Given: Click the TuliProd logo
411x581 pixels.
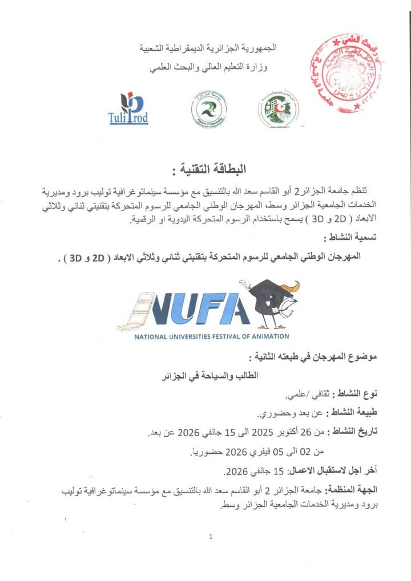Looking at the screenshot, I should coord(128,109).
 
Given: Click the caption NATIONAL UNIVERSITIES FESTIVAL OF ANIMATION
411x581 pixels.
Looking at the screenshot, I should coord(212,336).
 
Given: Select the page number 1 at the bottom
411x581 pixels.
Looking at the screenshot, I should coord(211,537).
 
